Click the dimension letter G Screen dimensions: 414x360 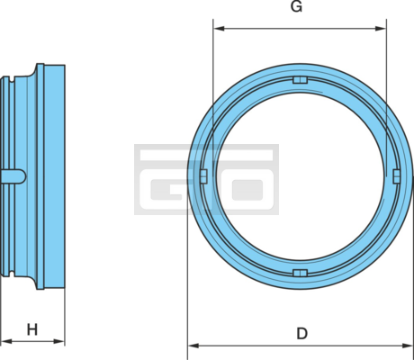[296, 6]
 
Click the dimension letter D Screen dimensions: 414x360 [302, 333]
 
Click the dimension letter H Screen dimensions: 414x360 [32, 329]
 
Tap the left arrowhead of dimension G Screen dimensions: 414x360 [220, 29]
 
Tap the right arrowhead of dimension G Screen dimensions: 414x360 [381, 29]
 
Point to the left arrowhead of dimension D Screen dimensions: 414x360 [193, 346]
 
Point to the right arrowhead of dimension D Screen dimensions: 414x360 [408, 346]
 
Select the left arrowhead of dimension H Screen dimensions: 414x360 [6, 341]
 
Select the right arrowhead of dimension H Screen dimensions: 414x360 [58, 341]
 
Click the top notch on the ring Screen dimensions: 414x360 [300, 80]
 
